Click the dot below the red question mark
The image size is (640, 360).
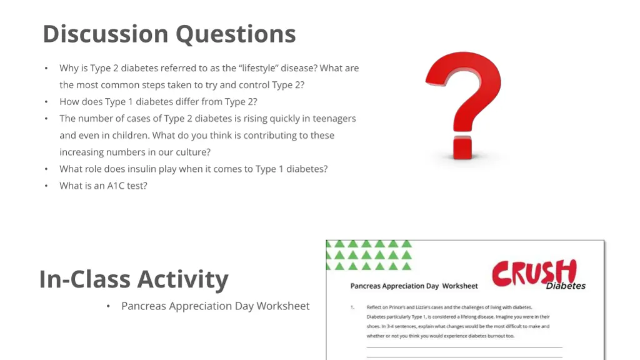tap(463, 147)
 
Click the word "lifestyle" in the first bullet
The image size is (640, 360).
tap(259, 68)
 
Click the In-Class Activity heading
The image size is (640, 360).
tap(134, 279)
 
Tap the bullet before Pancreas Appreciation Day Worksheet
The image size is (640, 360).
tap(108, 306)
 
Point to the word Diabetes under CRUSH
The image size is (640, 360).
tap(566, 286)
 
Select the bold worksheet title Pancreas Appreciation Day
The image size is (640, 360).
tap(395, 286)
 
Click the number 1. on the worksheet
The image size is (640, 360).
tap(352, 307)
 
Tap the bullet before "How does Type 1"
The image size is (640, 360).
tap(46, 102)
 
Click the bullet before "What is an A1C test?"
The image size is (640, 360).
tap(46, 186)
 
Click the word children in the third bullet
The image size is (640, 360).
tap(129, 136)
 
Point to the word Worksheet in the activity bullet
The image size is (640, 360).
tap(283, 306)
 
